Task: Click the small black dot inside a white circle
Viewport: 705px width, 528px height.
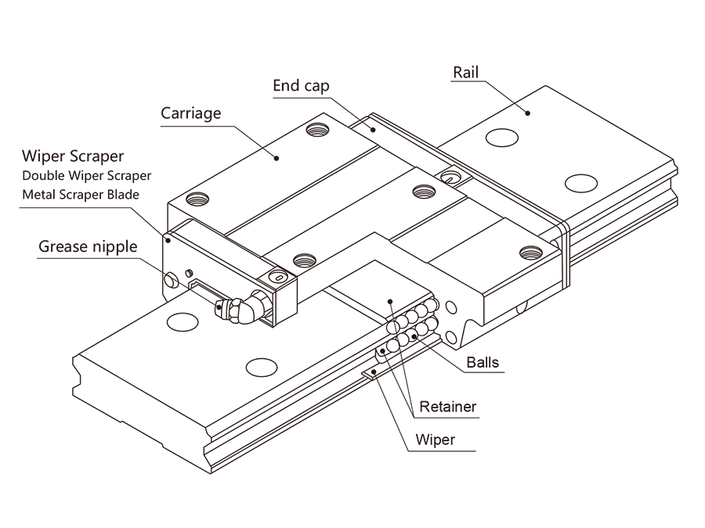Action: (x=414, y=337)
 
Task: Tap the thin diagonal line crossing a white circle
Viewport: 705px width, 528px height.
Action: (x=396, y=327)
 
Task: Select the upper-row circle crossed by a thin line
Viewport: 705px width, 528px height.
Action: (x=393, y=328)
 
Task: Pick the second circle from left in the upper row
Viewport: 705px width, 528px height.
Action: (x=402, y=321)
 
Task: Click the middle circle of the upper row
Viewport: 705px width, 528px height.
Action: (x=411, y=317)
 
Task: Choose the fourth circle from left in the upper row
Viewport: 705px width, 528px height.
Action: (x=421, y=311)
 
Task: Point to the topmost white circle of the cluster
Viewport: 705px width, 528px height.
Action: (x=430, y=305)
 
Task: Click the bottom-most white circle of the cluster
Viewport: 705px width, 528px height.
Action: (x=393, y=346)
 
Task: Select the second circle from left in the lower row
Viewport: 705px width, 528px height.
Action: (x=403, y=340)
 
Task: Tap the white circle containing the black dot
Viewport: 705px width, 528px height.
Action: (x=412, y=336)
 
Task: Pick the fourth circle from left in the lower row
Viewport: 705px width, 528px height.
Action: (x=422, y=329)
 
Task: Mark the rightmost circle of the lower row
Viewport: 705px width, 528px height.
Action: (x=431, y=324)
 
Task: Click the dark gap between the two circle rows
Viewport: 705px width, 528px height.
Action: (x=412, y=326)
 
